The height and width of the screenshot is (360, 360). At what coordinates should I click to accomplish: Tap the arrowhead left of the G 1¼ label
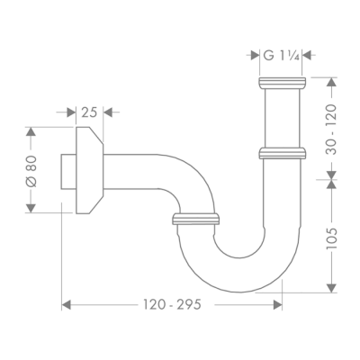tap(253, 56)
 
